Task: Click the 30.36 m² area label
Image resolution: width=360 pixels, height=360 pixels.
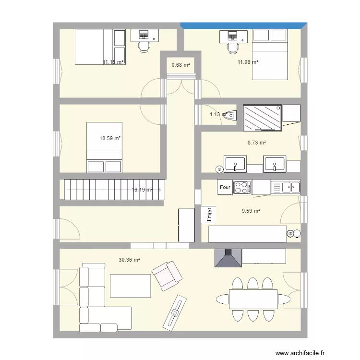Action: [129, 260]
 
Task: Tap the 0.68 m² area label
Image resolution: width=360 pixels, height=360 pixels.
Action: [181, 65]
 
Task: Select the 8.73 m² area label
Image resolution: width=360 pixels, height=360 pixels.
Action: [256, 143]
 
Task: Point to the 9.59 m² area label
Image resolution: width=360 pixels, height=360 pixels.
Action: [251, 210]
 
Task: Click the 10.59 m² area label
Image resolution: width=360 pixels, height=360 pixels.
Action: [110, 138]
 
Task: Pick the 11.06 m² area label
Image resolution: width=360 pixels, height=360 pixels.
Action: [248, 62]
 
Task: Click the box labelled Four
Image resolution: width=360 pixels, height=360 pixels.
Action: [225, 187]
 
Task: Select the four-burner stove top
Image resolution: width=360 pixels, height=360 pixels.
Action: [242, 187]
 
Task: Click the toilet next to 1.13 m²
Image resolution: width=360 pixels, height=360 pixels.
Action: [232, 115]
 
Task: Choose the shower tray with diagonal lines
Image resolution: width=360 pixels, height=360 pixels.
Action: [262, 118]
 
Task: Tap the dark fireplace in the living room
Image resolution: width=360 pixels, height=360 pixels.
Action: [228, 258]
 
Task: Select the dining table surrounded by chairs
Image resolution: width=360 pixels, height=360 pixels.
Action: [253, 299]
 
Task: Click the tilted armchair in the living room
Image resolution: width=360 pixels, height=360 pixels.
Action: [168, 276]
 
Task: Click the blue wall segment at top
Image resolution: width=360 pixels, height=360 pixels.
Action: [243, 24]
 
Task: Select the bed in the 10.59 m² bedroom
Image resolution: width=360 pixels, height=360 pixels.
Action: [104, 147]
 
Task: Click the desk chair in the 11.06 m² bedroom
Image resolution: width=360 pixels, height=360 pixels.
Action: [233, 47]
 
